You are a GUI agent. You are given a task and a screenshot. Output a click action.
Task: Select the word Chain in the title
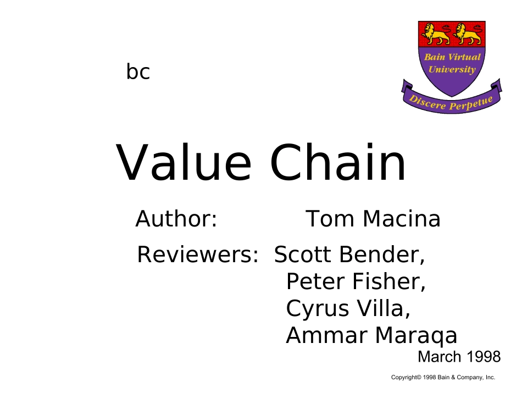[338, 162]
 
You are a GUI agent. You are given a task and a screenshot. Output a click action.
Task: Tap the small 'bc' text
[138, 71]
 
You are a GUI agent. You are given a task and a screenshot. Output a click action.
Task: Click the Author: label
[176, 219]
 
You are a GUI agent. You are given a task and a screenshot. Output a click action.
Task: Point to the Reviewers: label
[198, 254]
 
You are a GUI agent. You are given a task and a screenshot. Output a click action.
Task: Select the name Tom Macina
[373, 219]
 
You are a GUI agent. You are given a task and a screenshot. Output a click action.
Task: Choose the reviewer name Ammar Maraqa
[371, 335]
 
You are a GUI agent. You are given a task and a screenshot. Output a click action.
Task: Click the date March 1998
[459, 357]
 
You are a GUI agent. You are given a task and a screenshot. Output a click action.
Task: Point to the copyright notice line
[443, 378]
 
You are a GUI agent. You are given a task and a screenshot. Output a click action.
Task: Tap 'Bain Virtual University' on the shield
[452, 63]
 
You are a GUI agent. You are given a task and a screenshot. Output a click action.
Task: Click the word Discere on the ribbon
[427, 103]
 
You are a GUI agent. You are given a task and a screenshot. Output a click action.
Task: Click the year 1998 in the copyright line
[430, 378]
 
